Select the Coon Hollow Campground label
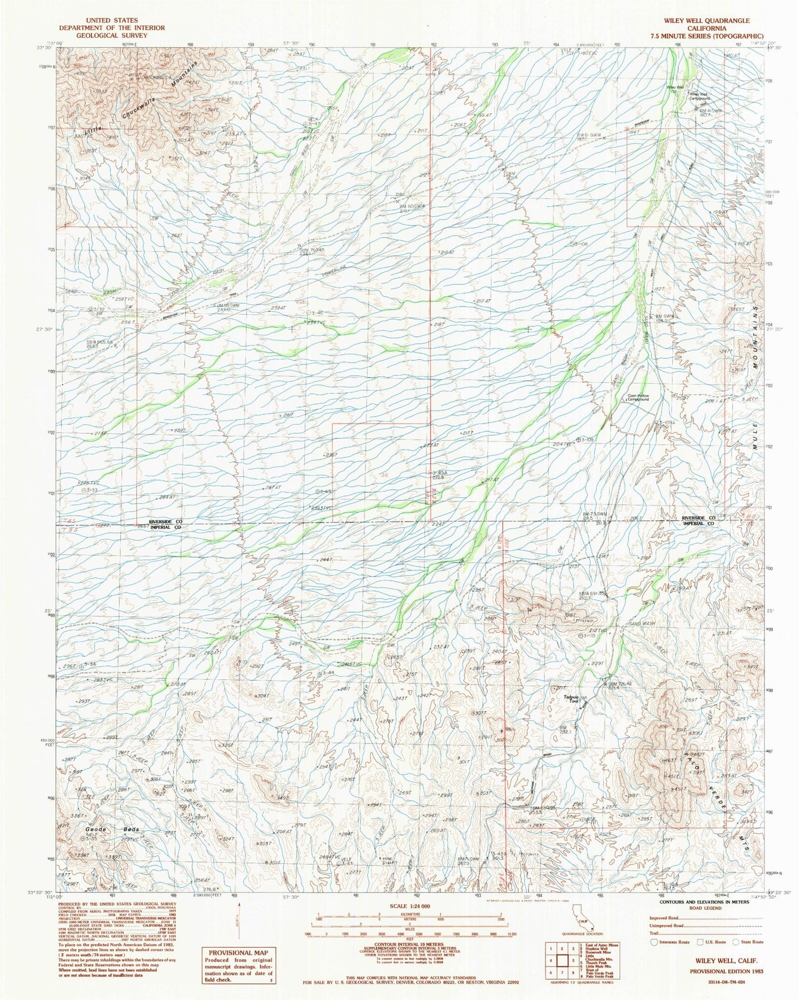[x=638, y=397]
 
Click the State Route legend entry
[x=751, y=942]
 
